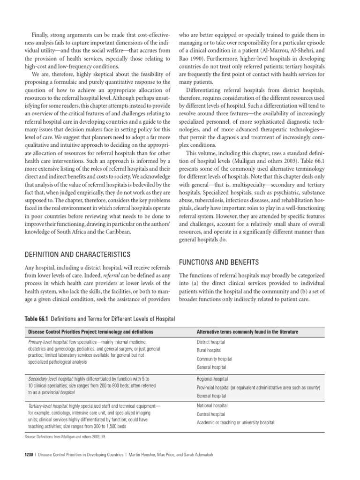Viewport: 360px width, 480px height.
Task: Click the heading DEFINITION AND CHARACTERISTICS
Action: [76, 255]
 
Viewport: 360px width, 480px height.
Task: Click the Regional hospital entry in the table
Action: [213, 379]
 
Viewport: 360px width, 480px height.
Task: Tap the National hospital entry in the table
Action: [212, 405]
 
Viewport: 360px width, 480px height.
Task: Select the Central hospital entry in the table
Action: [211, 414]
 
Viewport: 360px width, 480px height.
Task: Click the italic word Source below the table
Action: [31, 437]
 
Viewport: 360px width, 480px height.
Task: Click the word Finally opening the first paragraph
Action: [40, 35]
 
